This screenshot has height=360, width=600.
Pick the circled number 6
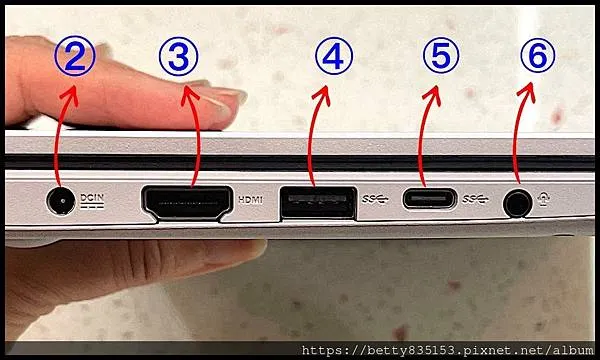[x=537, y=58]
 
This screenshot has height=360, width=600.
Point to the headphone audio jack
[x=517, y=201]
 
